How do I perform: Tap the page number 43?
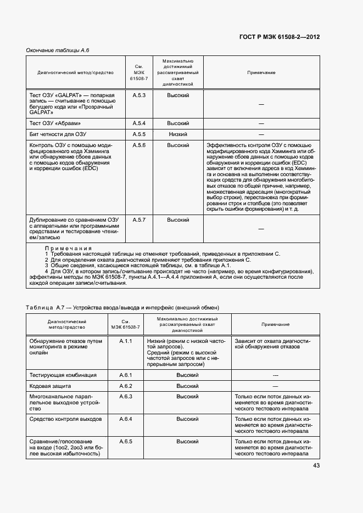[x=316, y=466]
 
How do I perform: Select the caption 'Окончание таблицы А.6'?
[x=58, y=50]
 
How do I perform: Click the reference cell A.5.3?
[x=138, y=95]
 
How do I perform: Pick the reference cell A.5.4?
[x=138, y=123]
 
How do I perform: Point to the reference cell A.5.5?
[x=138, y=134]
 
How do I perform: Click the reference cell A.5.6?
[x=138, y=145]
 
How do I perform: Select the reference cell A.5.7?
[x=138, y=219]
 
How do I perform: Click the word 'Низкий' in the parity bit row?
[x=178, y=134]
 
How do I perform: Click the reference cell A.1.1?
[x=126, y=341]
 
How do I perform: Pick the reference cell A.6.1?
[x=126, y=375]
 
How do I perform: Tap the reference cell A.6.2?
[x=126, y=386]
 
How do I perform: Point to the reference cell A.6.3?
[x=126, y=396]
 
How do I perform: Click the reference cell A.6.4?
[x=126, y=419]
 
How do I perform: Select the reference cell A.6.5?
[x=126, y=441]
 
